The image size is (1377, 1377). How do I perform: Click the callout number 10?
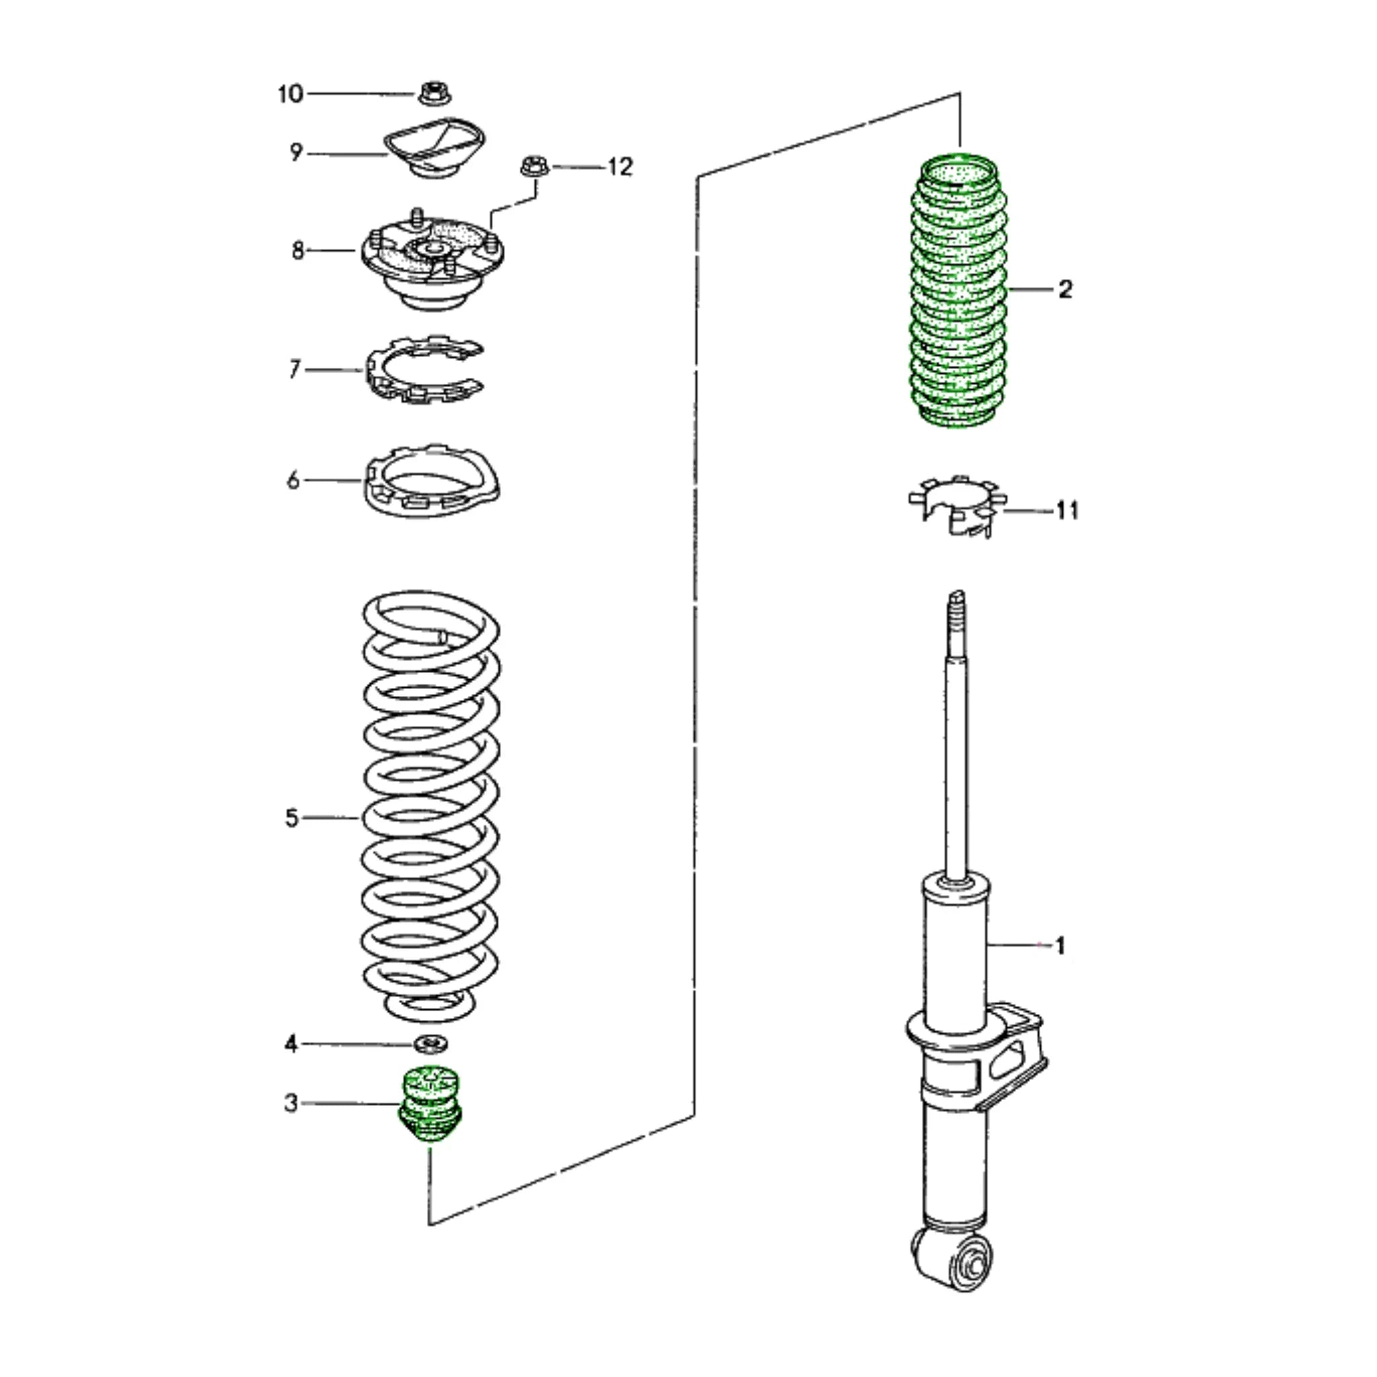(290, 94)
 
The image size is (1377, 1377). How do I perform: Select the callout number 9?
(296, 152)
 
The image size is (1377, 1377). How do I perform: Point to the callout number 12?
(620, 167)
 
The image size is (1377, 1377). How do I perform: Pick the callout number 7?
(294, 369)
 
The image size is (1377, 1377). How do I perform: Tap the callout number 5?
(292, 818)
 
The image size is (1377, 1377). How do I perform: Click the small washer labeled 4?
(431, 1045)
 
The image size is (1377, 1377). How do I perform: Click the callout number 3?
(290, 1103)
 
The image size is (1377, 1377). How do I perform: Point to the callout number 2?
(1065, 289)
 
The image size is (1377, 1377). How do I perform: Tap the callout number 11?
(1067, 510)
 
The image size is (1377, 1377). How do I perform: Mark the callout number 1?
(1060, 946)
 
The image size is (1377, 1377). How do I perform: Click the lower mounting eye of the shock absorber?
(970, 1269)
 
